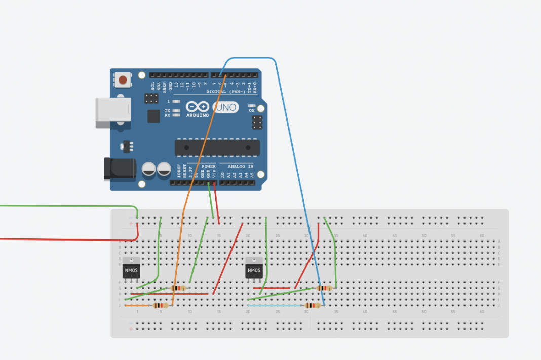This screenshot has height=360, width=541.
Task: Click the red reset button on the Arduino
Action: tap(123, 79)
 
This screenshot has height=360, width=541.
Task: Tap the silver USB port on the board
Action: tap(113, 113)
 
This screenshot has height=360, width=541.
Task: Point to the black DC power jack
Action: tap(120, 169)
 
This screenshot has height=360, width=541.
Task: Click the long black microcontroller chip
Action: tap(217, 147)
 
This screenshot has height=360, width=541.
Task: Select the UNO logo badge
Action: tap(226, 107)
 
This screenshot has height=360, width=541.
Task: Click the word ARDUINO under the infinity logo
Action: tap(198, 115)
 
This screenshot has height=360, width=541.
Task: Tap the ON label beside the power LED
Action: tap(252, 110)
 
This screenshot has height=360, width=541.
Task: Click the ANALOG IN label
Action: tap(241, 166)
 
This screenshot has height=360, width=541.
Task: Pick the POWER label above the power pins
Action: tap(209, 166)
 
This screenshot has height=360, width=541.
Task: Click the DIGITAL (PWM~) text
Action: tap(226, 92)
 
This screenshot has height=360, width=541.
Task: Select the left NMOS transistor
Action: tap(131, 269)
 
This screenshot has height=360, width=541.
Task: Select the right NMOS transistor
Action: tap(254, 269)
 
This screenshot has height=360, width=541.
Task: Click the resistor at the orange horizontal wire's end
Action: tap(161, 306)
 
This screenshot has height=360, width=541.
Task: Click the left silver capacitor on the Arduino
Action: tap(149, 169)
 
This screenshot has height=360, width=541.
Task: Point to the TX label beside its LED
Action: tap(167, 110)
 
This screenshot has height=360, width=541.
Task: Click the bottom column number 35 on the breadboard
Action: tap(336, 312)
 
